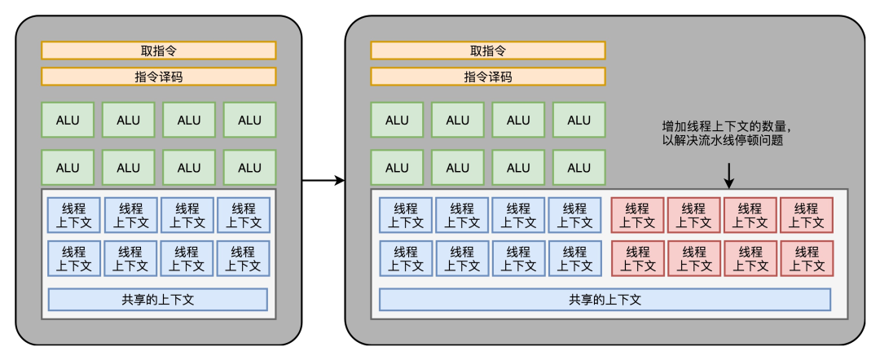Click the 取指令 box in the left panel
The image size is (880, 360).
point(159,50)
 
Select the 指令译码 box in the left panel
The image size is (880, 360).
point(159,77)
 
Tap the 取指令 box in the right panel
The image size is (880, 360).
point(488,50)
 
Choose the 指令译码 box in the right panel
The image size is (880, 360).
point(488,77)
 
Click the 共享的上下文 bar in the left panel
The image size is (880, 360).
point(158,300)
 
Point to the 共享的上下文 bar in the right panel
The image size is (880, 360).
point(605,300)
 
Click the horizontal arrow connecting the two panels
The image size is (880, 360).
point(323,180)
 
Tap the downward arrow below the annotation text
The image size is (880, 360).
point(729,173)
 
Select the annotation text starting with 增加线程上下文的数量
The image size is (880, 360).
point(726,127)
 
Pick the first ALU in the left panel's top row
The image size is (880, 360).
point(68,120)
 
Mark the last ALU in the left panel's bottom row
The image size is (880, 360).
point(249,168)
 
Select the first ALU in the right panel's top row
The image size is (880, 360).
point(397,120)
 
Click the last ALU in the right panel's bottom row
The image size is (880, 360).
point(579,168)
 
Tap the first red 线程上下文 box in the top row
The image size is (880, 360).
point(637,215)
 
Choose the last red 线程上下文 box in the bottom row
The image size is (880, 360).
point(806,259)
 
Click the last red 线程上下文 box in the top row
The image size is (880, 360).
point(806,215)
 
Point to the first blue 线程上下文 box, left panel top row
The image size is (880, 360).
point(73,215)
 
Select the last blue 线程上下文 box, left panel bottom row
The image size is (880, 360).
point(243,259)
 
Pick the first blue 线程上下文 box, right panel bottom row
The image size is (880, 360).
point(405,259)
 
